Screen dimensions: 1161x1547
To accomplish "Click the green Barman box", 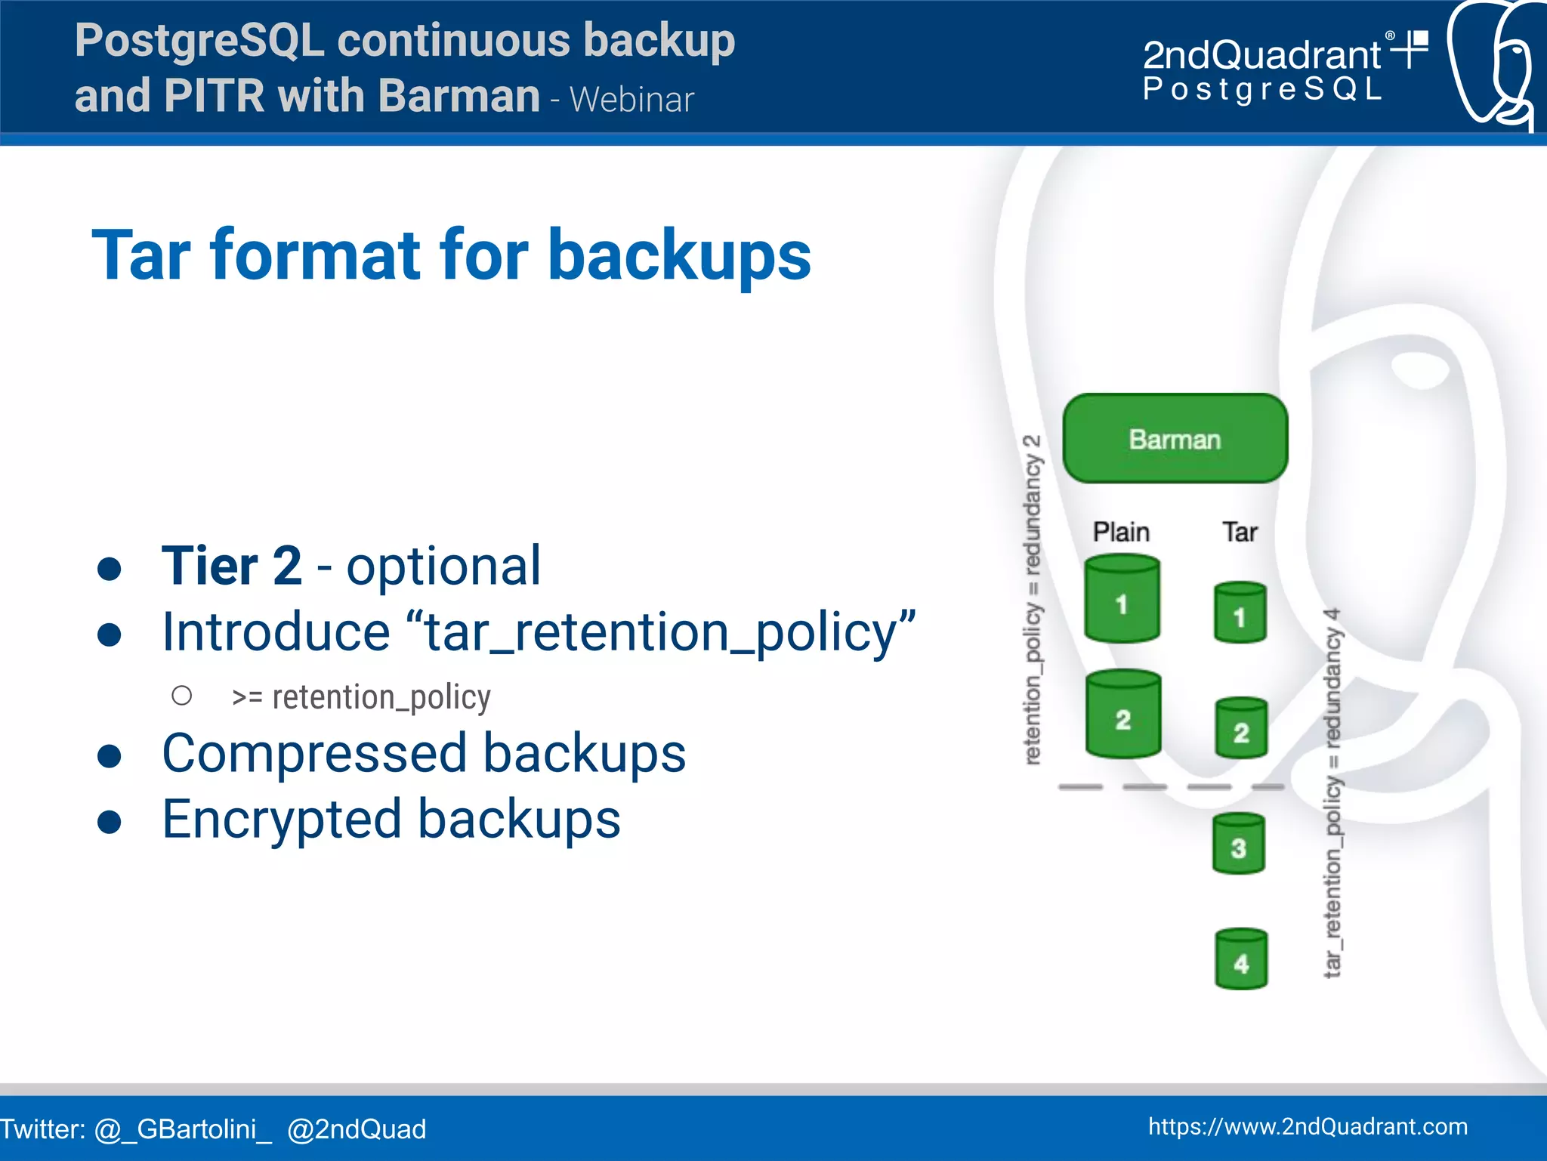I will pyautogui.click(x=1175, y=439).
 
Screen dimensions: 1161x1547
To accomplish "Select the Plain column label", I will pyautogui.click(x=1121, y=532).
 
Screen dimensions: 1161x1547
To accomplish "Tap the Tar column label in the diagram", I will pyautogui.click(x=1240, y=532).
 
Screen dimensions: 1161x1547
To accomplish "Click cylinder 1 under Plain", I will pyautogui.click(x=1122, y=600).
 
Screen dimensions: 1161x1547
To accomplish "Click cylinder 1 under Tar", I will pyautogui.click(x=1240, y=613).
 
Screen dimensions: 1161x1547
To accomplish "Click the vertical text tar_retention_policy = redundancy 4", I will pyautogui.click(x=1333, y=793).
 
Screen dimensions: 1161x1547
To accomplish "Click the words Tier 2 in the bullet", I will pyautogui.click(x=231, y=566).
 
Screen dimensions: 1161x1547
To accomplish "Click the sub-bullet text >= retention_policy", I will pyautogui.click(x=361, y=697).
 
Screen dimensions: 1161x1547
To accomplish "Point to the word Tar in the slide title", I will pyautogui.click(x=140, y=255).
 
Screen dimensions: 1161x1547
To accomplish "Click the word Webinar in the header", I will pyautogui.click(x=631, y=100).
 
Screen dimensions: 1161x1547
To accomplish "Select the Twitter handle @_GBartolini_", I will pyautogui.click(x=183, y=1129).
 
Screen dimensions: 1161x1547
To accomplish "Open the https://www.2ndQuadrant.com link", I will pyautogui.click(x=1308, y=1126).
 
